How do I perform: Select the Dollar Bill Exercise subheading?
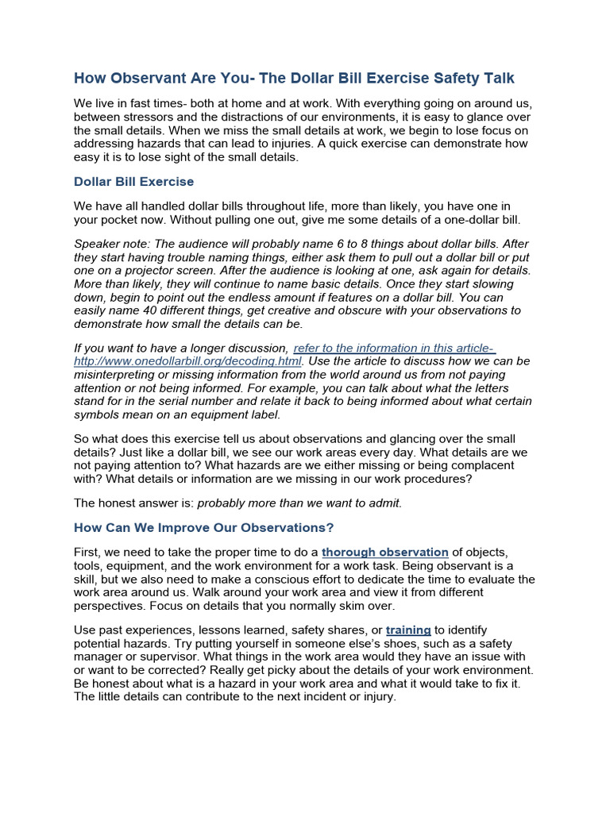tap(133, 182)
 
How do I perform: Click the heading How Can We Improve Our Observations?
tap(204, 527)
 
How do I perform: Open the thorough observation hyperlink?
tap(385, 552)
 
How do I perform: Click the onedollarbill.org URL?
tap(187, 361)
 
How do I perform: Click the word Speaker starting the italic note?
tap(98, 244)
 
